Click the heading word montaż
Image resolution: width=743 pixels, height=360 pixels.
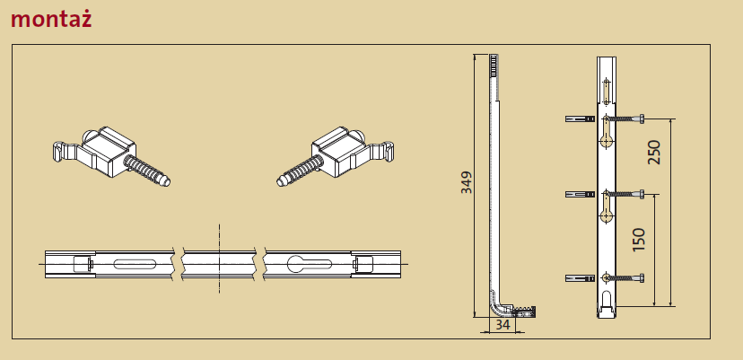point(51,19)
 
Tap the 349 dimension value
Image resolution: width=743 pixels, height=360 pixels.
point(467,182)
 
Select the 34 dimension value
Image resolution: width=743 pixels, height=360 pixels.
point(503,325)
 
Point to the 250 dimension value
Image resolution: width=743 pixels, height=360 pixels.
point(654,153)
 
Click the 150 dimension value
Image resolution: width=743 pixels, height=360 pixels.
point(639,240)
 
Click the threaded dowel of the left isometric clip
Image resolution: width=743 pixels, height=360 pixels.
point(147,171)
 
